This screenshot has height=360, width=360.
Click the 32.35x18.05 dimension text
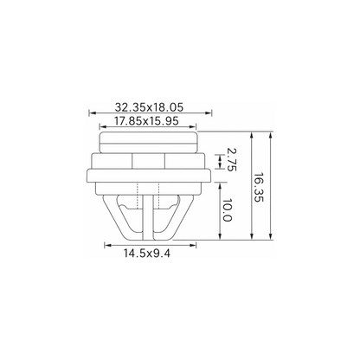tap(149, 107)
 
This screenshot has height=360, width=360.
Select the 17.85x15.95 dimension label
tap(146, 121)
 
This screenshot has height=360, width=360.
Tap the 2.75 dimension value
tap(231, 159)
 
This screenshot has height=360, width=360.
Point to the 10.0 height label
tap(228, 209)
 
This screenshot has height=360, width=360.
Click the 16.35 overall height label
tap(259, 188)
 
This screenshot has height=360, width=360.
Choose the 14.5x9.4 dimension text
tap(147, 254)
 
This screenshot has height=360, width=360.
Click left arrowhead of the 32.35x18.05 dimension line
tap(92, 113)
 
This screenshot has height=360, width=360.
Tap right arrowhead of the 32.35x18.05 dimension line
tap(209, 113)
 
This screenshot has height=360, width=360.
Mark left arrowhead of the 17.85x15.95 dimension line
tap(102, 126)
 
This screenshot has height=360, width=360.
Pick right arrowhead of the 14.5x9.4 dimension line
tap(193, 245)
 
